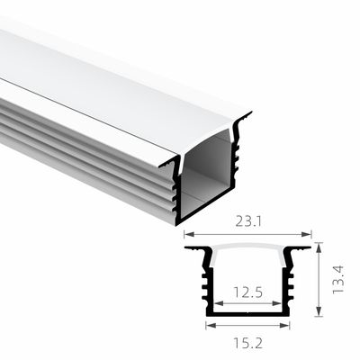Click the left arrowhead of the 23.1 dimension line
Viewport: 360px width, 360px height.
click(x=188, y=233)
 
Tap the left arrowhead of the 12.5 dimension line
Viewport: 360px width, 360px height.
click(x=219, y=304)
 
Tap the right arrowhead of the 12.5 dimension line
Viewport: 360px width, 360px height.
click(x=276, y=304)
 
